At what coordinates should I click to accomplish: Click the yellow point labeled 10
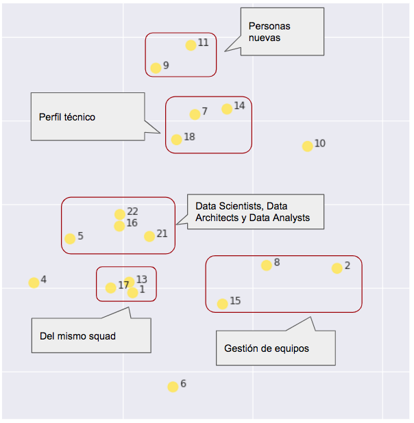pyautogui.click(x=308, y=146)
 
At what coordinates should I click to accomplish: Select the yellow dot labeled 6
pyautogui.click(x=173, y=387)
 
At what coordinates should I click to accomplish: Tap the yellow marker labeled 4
pyautogui.click(x=34, y=283)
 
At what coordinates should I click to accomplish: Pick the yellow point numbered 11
pyautogui.click(x=191, y=45)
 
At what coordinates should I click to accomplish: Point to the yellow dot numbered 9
pyautogui.click(x=156, y=68)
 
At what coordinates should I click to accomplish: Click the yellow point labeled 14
pyautogui.click(x=227, y=109)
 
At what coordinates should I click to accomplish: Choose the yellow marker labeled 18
pyautogui.click(x=176, y=140)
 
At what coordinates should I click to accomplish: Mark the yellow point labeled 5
pyautogui.click(x=70, y=239)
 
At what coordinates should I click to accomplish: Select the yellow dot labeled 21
pyautogui.click(x=149, y=236)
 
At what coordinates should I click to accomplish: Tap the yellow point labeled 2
pyautogui.click(x=337, y=268)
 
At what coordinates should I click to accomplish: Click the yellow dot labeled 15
pyautogui.click(x=222, y=304)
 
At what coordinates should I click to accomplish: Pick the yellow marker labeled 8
pyautogui.click(x=266, y=266)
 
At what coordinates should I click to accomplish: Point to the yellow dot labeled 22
pyautogui.click(x=120, y=214)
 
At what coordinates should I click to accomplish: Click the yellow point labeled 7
pyautogui.click(x=195, y=114)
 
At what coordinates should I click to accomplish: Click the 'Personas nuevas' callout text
pyautogui.click(x=269, y=32)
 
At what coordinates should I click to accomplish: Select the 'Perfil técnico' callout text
pyautogui.click(x=67, y=117)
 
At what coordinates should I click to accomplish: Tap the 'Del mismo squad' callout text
pyautogui.click(x=78, y=336)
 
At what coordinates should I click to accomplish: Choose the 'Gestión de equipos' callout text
pyautogui.click(x=267, y=348)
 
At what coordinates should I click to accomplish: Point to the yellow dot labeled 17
pyautogui.click(x=111, y=287)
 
